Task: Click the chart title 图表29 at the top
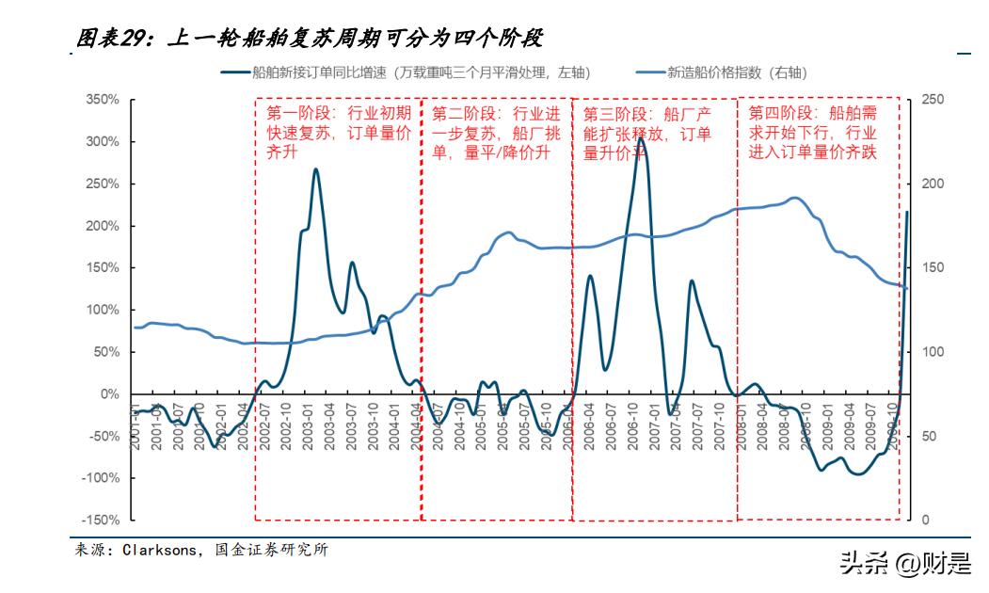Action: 311,38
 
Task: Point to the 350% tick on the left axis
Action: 103,100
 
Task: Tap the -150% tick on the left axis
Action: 101,521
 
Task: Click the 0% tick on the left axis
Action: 109,394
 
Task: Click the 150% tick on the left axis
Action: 103,268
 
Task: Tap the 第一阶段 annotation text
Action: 339,133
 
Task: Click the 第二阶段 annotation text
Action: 496,133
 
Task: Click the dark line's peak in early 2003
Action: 315,169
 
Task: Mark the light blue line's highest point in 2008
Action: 795,198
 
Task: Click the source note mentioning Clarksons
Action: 201,551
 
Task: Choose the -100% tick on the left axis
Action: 101,478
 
